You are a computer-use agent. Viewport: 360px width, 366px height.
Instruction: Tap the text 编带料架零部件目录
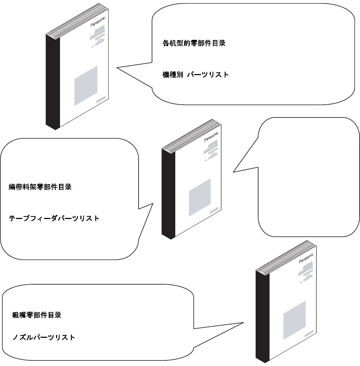[40, 187]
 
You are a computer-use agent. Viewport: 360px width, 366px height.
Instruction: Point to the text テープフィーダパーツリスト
[54, 218]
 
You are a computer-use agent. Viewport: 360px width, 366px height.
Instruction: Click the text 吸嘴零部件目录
[37, 315]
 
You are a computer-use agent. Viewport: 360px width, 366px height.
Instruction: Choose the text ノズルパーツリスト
[43, 337]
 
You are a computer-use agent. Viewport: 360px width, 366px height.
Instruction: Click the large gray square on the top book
[86, 86]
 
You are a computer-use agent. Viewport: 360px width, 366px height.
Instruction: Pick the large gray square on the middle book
[200, 197]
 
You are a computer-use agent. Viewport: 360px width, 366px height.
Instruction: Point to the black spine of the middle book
[166, 193]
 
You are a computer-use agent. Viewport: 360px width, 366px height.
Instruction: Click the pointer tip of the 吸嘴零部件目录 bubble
[243, 322]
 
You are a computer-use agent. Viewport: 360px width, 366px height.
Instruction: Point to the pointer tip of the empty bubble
[233, 172]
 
